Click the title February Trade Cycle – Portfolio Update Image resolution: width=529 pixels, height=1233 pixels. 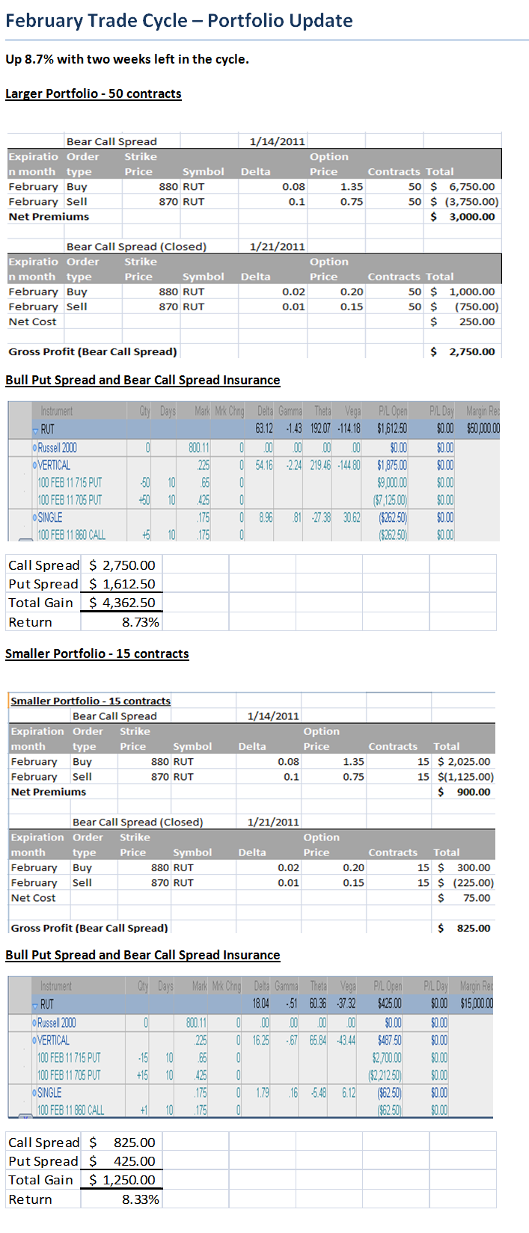[179, 20]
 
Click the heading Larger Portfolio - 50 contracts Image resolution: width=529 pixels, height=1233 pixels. [94, 93]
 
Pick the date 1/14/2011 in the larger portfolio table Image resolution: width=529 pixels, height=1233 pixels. [277, 141]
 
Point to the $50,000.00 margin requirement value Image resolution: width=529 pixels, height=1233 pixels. [483, 428]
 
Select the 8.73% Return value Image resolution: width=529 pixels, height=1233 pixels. [140, 622]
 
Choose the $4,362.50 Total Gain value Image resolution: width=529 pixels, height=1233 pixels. [122, 603]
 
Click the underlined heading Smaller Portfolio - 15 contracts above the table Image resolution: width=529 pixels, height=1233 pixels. [97, 654]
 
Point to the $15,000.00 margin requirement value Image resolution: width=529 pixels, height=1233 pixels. [477, 1003]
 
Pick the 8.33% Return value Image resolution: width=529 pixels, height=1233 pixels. [140, 1199]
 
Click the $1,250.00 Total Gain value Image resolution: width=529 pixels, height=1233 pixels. [122, 1180]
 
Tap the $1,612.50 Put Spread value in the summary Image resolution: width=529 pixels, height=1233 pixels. [122, 584]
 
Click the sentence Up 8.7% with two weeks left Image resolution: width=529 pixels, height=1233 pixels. [127, 59]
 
